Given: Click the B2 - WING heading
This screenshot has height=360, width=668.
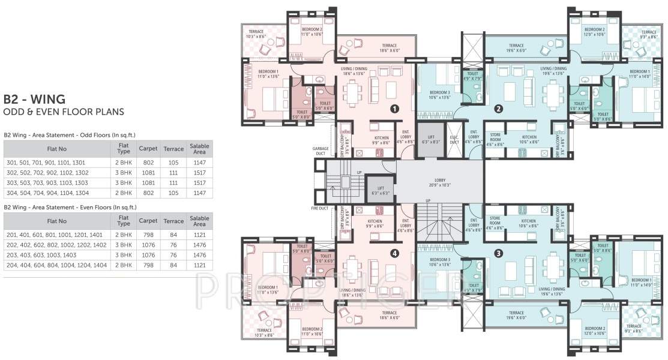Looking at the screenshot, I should (34, 99).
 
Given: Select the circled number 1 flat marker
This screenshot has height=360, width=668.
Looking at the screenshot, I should (394, 109).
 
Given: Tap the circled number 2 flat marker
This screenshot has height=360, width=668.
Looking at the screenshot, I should (498, 109).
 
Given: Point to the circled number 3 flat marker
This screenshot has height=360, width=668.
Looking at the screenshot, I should (499, 253).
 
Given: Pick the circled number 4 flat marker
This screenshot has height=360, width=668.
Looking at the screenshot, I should (394, 253).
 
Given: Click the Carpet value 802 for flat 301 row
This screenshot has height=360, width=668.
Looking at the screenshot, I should (148, 162).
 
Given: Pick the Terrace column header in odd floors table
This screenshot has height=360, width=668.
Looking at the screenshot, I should (173, 148).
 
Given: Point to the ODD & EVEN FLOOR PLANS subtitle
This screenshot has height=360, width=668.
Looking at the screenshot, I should (64, 112).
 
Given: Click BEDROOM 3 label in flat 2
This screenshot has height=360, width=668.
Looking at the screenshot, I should (440, 94).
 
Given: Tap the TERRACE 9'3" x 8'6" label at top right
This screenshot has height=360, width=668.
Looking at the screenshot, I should (648, 34).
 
